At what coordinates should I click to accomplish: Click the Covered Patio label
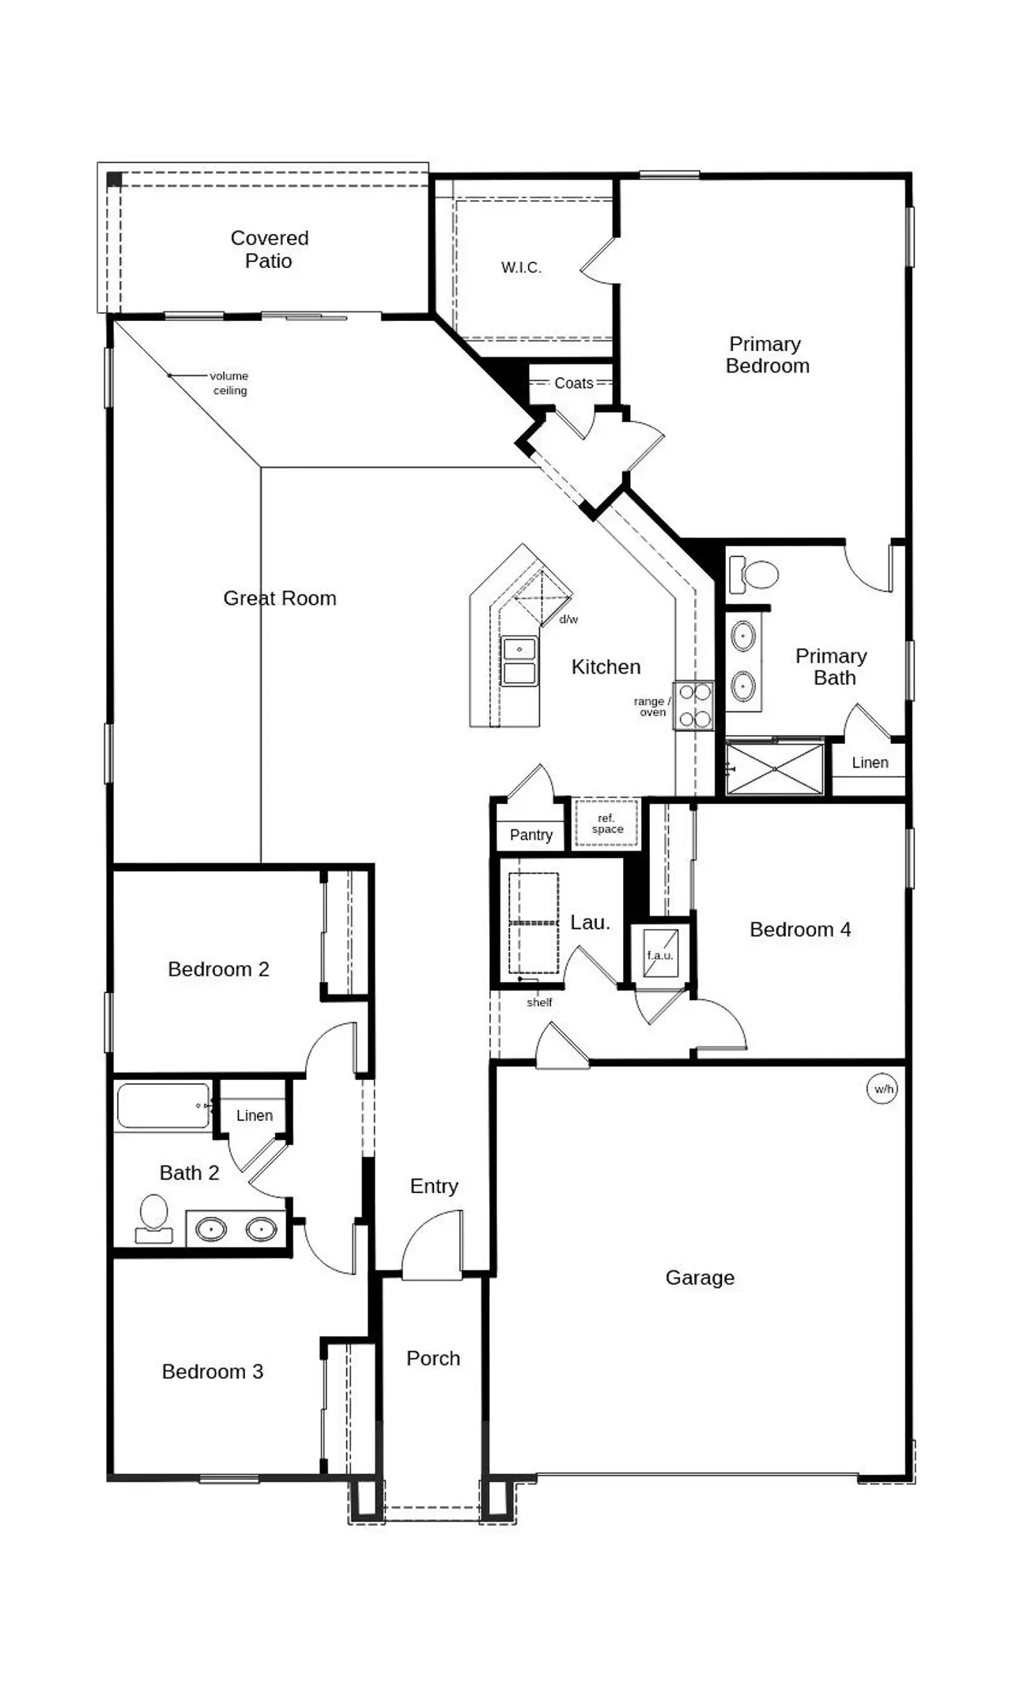(269, 249)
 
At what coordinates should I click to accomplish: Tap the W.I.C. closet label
(521, 268)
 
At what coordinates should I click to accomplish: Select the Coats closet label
(573, 383)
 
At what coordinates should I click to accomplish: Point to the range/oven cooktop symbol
(694, 705)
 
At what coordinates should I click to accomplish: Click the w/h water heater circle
(883, 1089)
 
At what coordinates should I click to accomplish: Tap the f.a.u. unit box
(660, 953)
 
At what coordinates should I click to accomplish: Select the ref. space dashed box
(606, 824)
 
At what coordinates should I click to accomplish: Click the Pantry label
(531, 835)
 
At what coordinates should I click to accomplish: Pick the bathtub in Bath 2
(163, 1105)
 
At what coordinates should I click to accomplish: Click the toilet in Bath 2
(154, 1218)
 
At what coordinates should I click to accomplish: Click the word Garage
(700, 1278)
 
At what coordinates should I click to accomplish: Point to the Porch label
(433, 1358)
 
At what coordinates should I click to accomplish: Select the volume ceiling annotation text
(229, 383)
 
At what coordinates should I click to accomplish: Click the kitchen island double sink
(519, 662)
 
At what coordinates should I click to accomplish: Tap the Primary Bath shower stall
(774, 768)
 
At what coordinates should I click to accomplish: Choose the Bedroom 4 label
(800, 930)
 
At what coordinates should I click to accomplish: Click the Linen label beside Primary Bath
(870, 763)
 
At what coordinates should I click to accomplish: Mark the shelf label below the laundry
(539, 1002)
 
